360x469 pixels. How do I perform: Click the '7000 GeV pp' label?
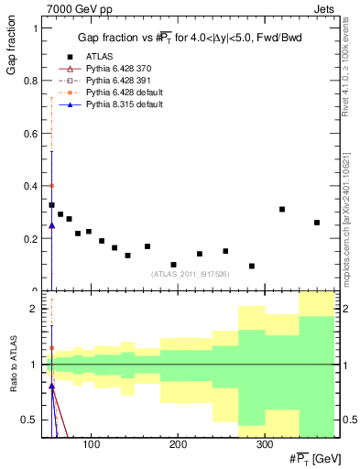pyautogui.click(x=71, y=8)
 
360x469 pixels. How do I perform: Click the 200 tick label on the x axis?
pyautogui.click(x=178, y=444)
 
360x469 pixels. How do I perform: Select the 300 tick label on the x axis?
pyautogui.click(x=264, y=444)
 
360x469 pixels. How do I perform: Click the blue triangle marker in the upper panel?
pyautogui.click(x=51, y=225)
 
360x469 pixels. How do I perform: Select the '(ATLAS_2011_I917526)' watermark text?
pyautogui.click(x=189, y=273)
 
